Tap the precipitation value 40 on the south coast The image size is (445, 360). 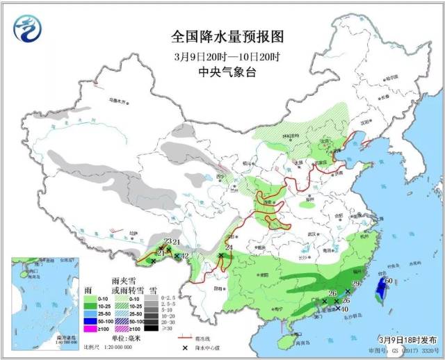click(x=346, y=309)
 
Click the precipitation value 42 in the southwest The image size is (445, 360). click(x=185, y=256)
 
